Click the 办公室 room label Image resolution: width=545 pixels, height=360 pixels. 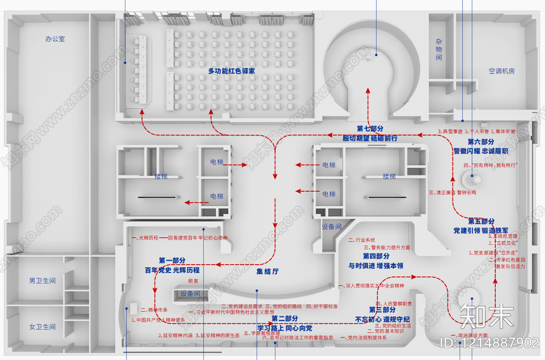pos(55,39)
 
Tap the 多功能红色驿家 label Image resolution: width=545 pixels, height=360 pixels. pos(231,71)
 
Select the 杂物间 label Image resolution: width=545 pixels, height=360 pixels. pos(439,49)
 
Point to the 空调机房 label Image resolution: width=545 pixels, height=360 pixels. pos(501,71)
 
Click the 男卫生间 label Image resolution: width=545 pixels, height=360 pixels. pos(42,280)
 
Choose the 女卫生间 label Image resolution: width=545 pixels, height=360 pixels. pos(42,327)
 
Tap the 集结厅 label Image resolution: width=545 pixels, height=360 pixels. pos(267,271)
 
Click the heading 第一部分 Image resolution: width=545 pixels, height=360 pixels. pos(172,261)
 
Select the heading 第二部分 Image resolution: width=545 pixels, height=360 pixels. pos(285,318)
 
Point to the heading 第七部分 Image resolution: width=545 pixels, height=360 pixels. pos(370,128)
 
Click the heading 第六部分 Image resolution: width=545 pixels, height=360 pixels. pos(481,142)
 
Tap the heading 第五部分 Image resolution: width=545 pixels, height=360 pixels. pos(481,221)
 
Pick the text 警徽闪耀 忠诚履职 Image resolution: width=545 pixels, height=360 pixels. pos(481,151)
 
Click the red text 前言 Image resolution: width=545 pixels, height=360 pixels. pos(193,280)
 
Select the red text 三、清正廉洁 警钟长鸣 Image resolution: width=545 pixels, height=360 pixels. pos(452,193)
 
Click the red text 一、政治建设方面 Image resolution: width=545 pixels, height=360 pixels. pos(469,335)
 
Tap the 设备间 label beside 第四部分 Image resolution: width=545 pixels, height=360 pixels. pos(331,227)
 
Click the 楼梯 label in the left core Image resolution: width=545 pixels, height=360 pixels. pos(161,177)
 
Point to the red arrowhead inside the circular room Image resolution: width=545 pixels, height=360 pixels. pos(368,90)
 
